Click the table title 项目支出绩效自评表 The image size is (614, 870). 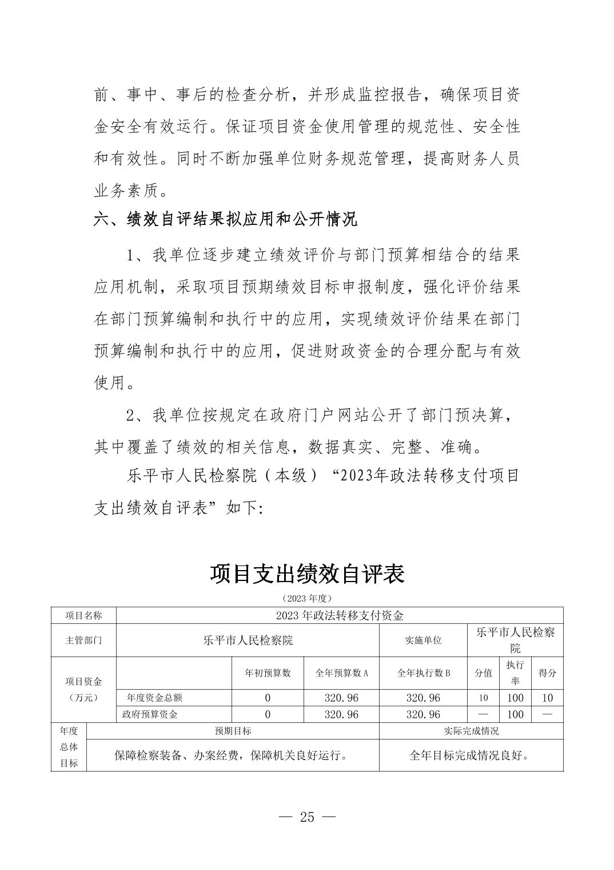[307, 574]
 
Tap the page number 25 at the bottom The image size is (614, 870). [307, 817]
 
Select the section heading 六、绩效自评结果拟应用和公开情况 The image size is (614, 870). [225, 219]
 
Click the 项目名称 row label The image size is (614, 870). [83, 615]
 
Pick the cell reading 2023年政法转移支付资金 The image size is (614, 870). [340, 615]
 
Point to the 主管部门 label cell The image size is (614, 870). [83, 640]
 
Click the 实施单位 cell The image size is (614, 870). [423, 640]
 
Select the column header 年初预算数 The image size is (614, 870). [268, 673]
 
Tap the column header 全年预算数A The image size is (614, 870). [341, 673]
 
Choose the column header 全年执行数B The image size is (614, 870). [423, 673]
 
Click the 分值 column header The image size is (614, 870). [483, 673]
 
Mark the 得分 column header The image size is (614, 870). [547, 673]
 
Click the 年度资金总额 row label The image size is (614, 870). [154, 698]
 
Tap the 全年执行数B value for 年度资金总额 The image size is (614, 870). [423, 698]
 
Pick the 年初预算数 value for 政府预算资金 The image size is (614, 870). [268, 714]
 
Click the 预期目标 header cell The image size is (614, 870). [233, 731]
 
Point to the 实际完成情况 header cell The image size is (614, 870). [471, 731]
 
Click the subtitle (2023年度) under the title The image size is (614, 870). [307, 598]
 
